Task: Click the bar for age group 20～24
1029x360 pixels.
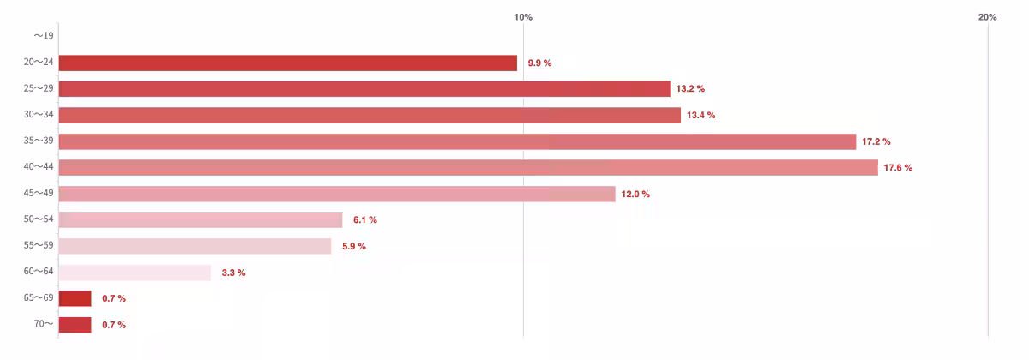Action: point(287,63)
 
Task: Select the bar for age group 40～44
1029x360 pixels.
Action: point(468,167)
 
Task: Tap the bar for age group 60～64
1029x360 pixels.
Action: point(135,273)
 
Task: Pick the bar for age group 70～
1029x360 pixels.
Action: point(75,325)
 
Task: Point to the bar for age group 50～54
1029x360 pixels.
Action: point(201,219)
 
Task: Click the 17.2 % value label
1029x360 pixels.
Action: point(876,141)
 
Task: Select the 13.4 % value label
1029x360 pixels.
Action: point(701,115)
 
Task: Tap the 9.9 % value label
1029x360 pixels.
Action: point(539,63)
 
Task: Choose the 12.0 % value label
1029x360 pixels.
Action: point(635,195)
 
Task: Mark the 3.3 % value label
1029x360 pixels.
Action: point(233,273)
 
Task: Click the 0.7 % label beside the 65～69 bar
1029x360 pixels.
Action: point(114,298)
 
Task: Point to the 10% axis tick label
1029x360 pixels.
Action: point(523,17)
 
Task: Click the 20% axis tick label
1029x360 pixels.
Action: point(987,17)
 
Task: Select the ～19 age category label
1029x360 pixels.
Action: point(43,36)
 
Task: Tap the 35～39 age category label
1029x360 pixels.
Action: point(39,141)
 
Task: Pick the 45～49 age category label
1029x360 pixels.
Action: point(39,194)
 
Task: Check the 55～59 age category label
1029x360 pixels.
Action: point(39,246)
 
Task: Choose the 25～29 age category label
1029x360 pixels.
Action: point(39,89)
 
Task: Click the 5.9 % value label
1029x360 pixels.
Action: point(354,247)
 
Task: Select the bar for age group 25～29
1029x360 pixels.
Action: point(364,89)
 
